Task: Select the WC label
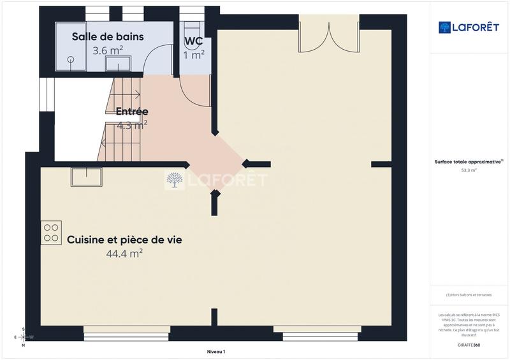coord(194,41)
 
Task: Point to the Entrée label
coord(132,112)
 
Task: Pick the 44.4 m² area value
coord(124,254)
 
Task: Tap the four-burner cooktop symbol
coord(52,232)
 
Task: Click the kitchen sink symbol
coord(86,176)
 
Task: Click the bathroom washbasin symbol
coord(115,62)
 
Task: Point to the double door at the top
coord(329,35)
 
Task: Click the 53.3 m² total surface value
coord(469,171)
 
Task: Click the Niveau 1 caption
coord(216,352)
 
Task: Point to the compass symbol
coord(24,336)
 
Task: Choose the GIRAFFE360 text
coord(469,345)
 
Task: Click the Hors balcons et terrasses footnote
coord(469,295)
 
